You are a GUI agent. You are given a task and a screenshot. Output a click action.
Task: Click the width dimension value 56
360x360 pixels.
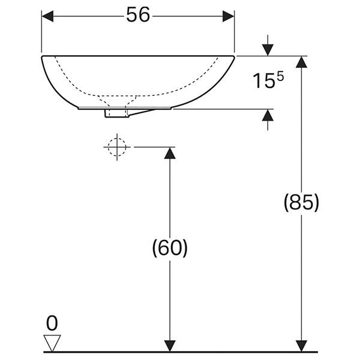click(138, 14)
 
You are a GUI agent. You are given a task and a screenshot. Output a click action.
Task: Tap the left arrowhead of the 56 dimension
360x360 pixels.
click(47, 16)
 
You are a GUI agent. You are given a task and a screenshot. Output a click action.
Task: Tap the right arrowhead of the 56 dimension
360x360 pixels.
click(229, 16)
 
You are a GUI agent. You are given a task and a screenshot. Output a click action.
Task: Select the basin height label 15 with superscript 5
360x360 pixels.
click(268, 80)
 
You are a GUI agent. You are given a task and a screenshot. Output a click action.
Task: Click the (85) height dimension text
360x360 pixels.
click(301, 203)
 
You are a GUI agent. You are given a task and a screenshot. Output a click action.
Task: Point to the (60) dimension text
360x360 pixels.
click(170, 248)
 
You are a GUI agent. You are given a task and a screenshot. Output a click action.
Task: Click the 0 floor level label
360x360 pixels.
click(52, 323)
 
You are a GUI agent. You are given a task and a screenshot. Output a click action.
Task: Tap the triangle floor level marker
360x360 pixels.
click(52, 343)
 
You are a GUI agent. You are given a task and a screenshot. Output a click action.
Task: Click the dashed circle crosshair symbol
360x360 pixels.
click(117, 147)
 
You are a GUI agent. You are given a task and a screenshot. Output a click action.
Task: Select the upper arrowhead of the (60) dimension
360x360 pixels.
click(170, 153)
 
